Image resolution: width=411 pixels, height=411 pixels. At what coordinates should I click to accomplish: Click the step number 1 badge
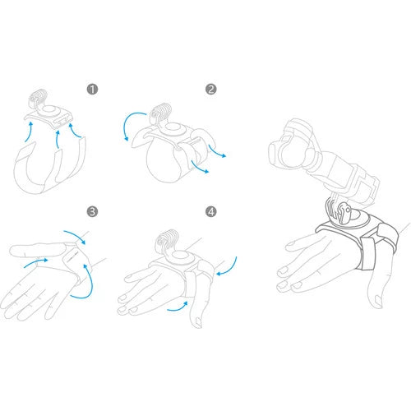[x=92, y=90]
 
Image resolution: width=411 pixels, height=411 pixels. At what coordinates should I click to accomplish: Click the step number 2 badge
[x=210, y=90]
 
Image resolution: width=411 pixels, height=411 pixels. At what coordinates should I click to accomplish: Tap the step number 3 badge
[x=92, y=211]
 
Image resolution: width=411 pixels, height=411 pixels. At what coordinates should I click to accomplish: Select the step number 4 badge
[x=210, y=211]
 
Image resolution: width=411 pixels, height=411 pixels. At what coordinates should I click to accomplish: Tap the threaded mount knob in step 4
[x=167, y=239]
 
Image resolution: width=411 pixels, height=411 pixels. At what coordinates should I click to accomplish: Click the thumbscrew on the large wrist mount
[x=344, y=212]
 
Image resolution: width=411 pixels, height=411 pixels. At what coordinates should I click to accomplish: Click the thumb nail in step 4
[x=197, y=321]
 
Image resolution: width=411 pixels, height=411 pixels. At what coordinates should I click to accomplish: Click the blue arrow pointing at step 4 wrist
[x=229, y=267]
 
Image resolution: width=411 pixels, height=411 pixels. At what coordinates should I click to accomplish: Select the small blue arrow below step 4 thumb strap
[x=178, y=307]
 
